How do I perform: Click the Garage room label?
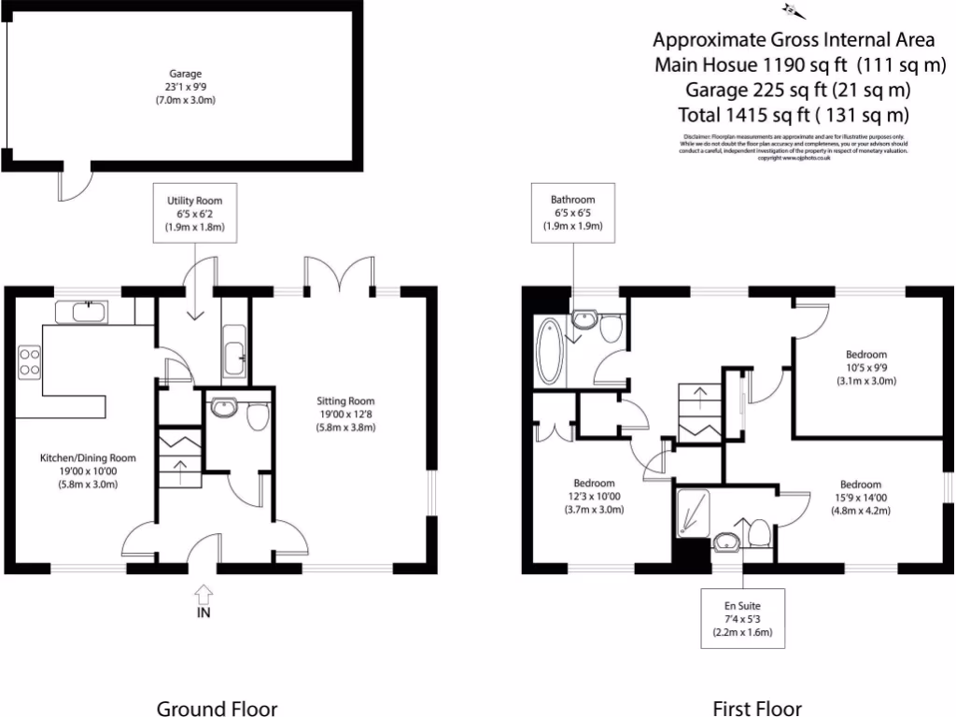(x=185, y=86)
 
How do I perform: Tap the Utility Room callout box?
(x=195, y=214)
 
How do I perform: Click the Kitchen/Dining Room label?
(x=88, y=471)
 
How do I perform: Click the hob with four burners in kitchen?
(x=29, y=360)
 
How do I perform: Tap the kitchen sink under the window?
(x=81, y=311)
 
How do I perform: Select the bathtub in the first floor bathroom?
(x=548, y=352)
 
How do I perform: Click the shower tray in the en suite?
(x=694, y=513)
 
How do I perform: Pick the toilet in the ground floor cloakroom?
(x=257, y=415)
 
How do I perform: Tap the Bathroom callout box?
(x=572, y=214)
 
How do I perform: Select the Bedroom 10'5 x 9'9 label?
(x=866, y=367)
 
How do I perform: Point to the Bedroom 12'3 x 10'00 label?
(x=594, y=496)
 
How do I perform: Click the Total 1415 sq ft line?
(x=793, y=115)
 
